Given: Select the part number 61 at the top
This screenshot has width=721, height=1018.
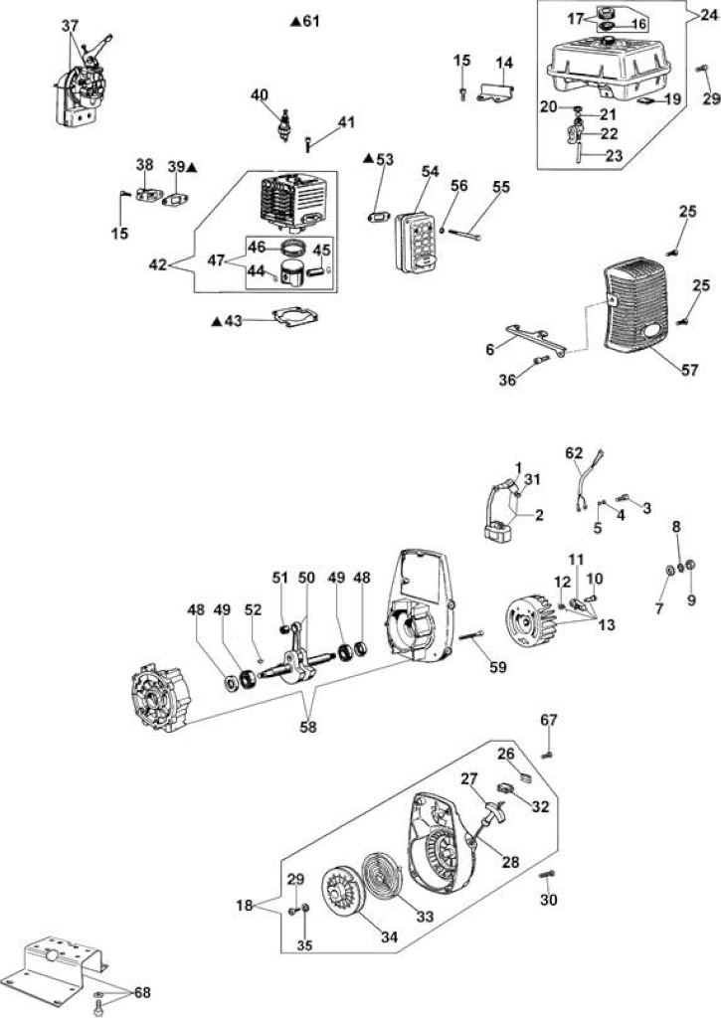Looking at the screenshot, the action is click(x=311, y=22).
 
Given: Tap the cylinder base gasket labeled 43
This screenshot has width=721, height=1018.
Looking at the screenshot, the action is click(x=296, y=317).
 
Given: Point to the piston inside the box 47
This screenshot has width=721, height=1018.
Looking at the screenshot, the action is click(x=293, y=273).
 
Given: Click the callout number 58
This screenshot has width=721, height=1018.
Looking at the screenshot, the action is click(x=308, y=727).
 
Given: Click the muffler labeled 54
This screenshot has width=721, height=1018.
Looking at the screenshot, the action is click(x=417, y=242).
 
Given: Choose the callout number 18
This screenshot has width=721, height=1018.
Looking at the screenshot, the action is click(x=245, y=905).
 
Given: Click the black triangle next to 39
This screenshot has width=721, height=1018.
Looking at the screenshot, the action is click(x=192, y=167).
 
